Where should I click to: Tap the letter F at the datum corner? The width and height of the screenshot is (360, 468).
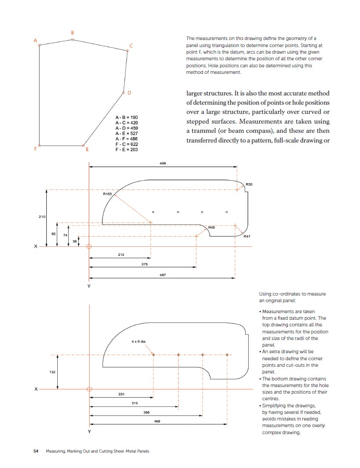point(35,149)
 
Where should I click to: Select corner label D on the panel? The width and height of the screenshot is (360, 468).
point(129,92)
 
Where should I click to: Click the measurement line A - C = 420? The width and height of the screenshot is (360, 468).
point(127,123)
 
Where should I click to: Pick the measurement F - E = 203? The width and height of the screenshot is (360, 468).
point(127,150)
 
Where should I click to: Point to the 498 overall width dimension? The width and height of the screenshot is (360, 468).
point(162,163)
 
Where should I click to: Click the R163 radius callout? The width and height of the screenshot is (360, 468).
point(107,194)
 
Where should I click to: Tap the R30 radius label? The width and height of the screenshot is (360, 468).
point(249,184)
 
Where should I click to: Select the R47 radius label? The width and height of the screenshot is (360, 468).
point(247,236)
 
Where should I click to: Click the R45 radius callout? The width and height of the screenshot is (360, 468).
point(211,227)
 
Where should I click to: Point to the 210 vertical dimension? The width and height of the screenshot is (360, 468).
point(42,217)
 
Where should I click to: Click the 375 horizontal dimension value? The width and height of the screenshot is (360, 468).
point(144,264)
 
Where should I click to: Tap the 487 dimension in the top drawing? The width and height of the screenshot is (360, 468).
point(162,275)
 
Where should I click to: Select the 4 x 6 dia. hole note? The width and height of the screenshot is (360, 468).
point(139,341)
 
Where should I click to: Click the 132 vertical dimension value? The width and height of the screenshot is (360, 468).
point(52,372)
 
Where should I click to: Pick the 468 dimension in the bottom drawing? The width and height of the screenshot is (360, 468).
point(157,421)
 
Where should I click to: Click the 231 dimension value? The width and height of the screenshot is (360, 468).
point(121,394)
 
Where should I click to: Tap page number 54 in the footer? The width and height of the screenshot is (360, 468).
point(37,451)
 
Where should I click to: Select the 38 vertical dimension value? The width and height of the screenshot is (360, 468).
point(75,241)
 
